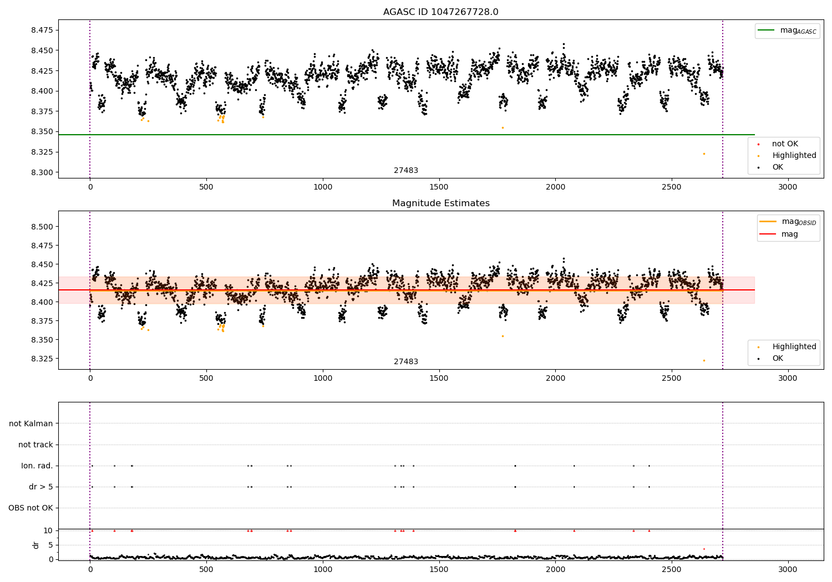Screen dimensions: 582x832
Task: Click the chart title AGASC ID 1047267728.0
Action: pyautogui.click(x=440, y=12)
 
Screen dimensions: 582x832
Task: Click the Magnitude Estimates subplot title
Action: pyautogui.click(x=440, y=203)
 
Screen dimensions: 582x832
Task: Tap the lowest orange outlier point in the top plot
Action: pyautogui.click(x=704, y=154)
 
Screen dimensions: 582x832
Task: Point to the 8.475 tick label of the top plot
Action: pyautogui.click(x=42, y=30)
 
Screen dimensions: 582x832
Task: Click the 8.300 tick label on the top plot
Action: pyautogui.click(x=42, y=172)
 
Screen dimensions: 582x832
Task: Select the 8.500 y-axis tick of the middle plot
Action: pyautogui.click(x=42, y=227)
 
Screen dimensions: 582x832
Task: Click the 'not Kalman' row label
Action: pyautogui.click(x=31, y=423)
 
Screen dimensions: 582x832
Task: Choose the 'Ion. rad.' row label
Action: pyautogui.click(x=37, y=466)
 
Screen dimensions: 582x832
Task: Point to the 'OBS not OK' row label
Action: pyautogui.click(x=31, y=508)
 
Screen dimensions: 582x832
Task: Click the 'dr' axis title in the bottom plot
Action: pyautogui.click(x=36, y=545)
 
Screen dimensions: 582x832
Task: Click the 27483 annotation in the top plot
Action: pyautogui.click(x=406, y=171)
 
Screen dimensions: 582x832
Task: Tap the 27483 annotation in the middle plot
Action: pyautogui.click(x=406, y=362)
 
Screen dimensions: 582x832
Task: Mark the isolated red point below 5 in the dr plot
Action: pyautogui.click(x=704, y=549)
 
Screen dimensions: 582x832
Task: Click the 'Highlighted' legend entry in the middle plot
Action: pyautogui.click(x=794, y=347)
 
